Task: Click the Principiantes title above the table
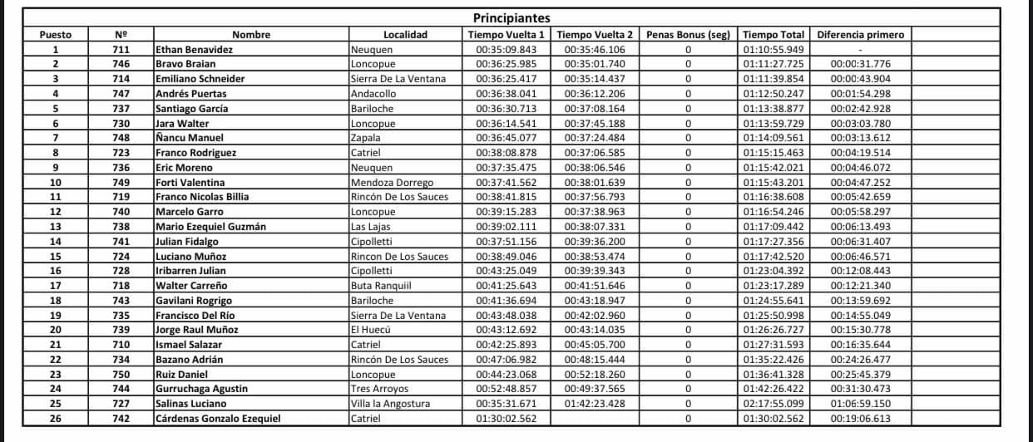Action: click(x=512, y=18)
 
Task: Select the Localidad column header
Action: click(x=405, y=35)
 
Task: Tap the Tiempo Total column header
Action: click(x=773, y=35)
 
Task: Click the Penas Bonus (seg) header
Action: click(x=688, y=35)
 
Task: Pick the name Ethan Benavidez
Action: click(x=194, y=50)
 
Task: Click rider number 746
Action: click(x=121, y=64)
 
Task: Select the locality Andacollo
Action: click(x=373, y=94)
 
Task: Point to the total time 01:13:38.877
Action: click(x=773, y=109)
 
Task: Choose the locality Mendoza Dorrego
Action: click(x=392, y=183)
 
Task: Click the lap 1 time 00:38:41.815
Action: click(x=507, y=197)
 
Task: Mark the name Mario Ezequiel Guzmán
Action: click(x=210, y=227)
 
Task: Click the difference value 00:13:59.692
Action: click(x=861, y=301)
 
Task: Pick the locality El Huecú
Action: click(x=371, y=330)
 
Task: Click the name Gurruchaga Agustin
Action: click(x=202, y=389)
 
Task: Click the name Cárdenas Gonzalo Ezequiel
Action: click(x=218, y=419)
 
